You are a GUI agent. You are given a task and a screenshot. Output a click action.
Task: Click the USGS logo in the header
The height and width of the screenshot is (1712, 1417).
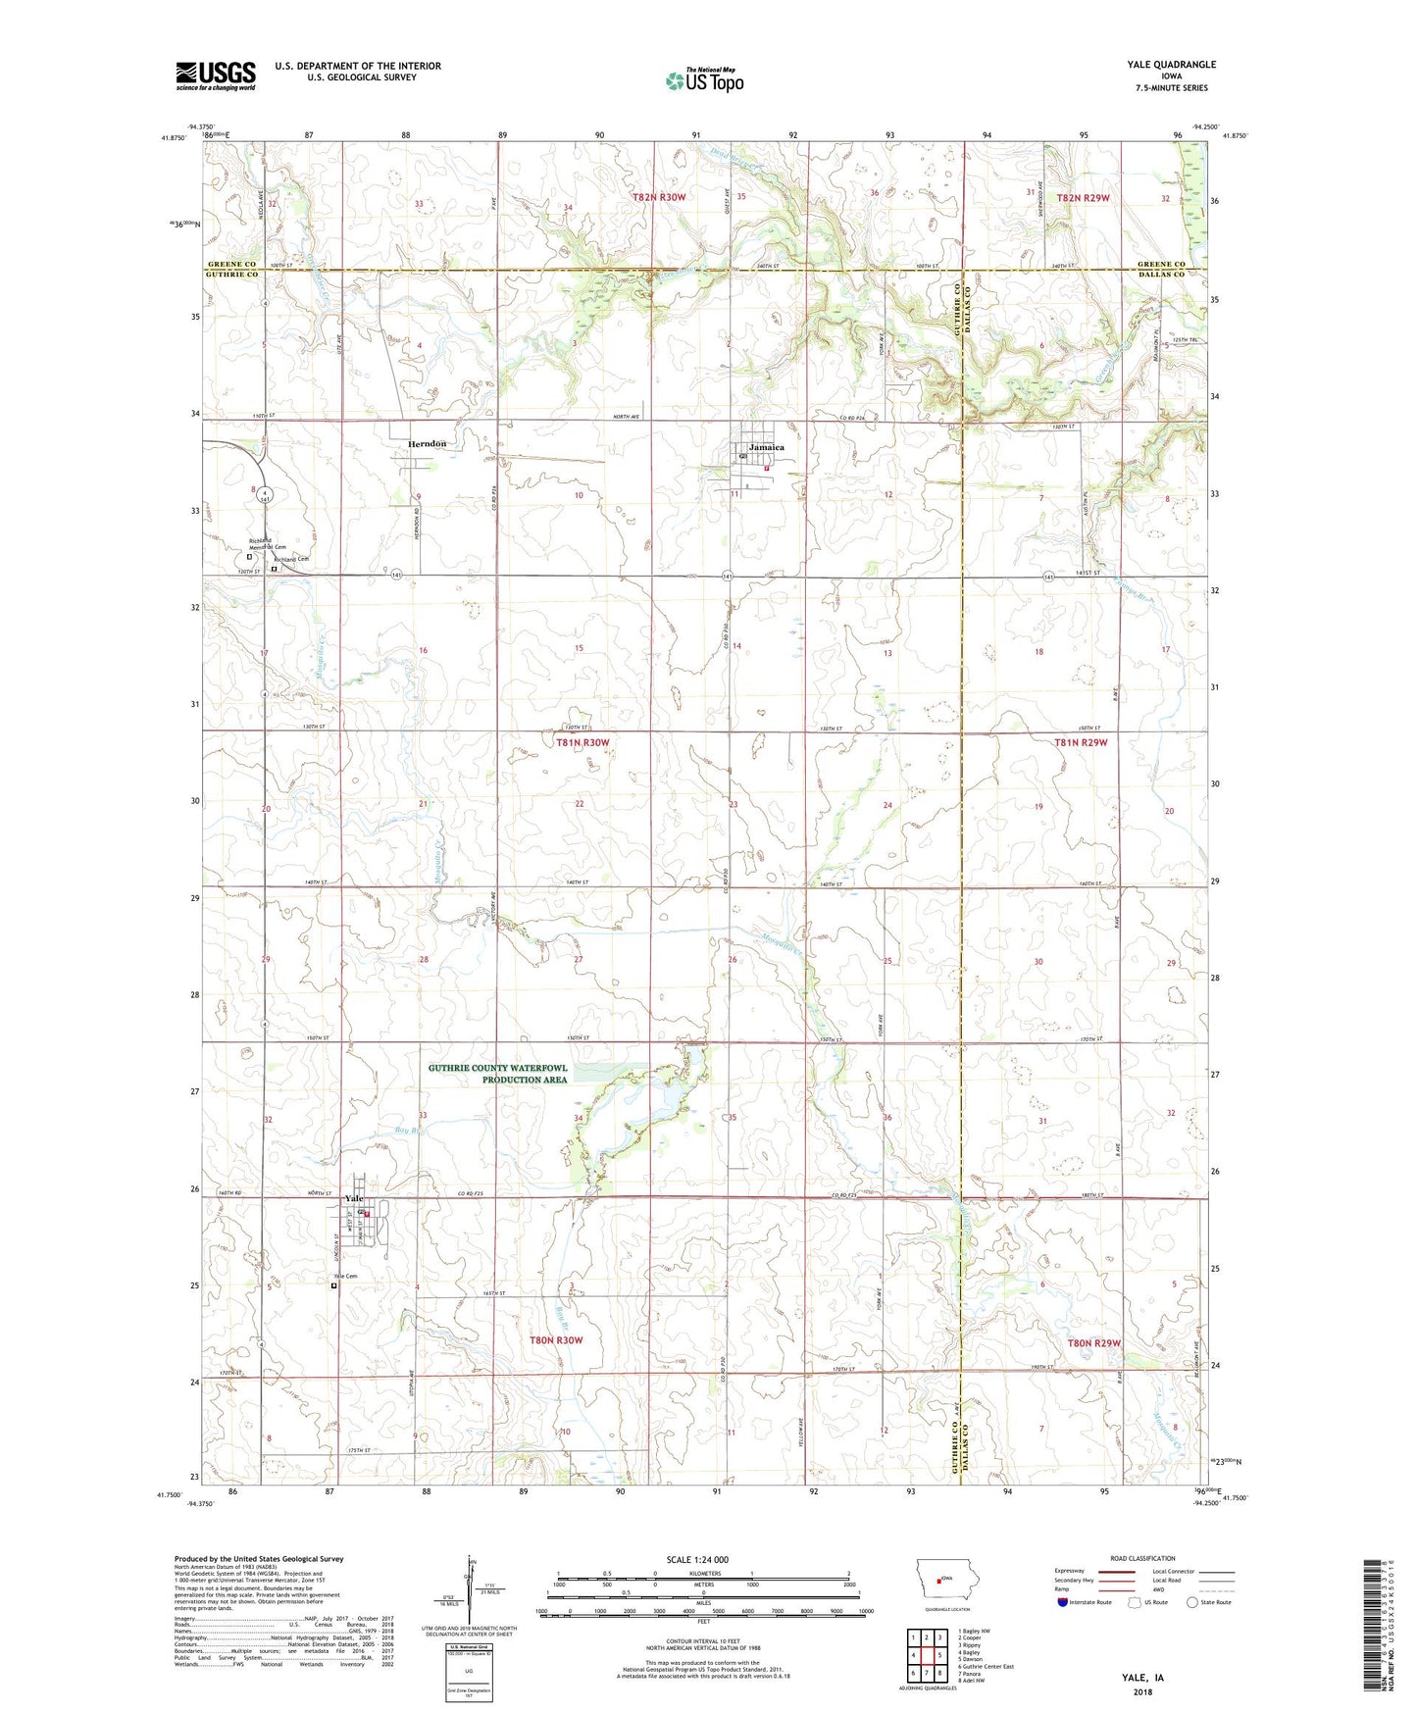coord(215,76)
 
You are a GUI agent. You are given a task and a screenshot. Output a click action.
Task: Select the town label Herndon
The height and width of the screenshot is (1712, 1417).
coord(427,444)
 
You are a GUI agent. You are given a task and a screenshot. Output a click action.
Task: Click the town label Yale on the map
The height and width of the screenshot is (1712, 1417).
coord(353,1199)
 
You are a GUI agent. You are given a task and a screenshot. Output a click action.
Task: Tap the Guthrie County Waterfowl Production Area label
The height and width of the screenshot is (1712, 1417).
coord(497,1074)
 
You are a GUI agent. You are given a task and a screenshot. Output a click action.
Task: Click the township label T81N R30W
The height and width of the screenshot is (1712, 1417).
coord(582,743)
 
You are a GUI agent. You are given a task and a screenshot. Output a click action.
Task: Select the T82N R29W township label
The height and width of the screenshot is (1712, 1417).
coord(1083,198)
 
